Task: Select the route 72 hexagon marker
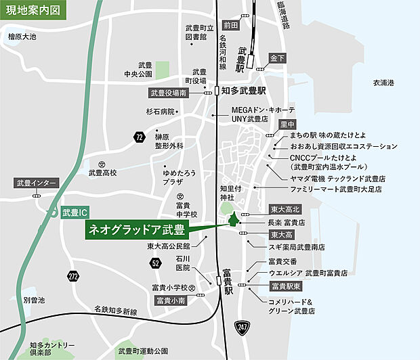pos(139,137)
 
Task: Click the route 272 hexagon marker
pos(74,275)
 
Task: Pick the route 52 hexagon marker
pos(156,263)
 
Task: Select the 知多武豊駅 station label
pos(244,90)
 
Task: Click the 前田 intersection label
pos(231,25)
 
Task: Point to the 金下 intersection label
pos(278,58)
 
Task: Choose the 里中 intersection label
pos(288,125)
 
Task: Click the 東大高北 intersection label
pos(284,209)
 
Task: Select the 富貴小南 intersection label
pos(171,300)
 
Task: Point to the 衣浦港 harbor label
pos(383,83)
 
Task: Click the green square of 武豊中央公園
pos(162,69)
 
